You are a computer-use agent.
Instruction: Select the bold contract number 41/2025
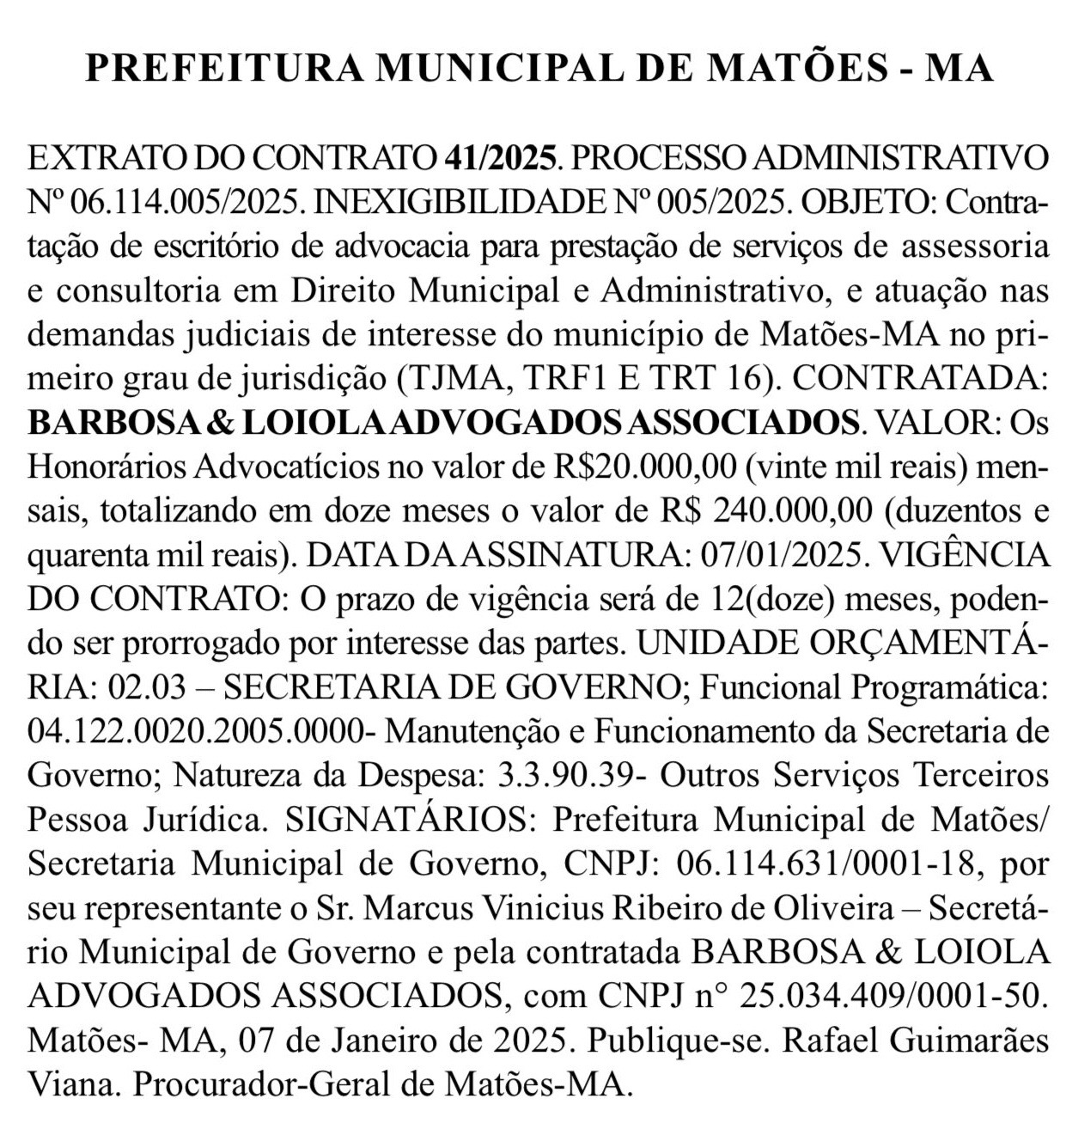pyautogui.click(x=502, y=159)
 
